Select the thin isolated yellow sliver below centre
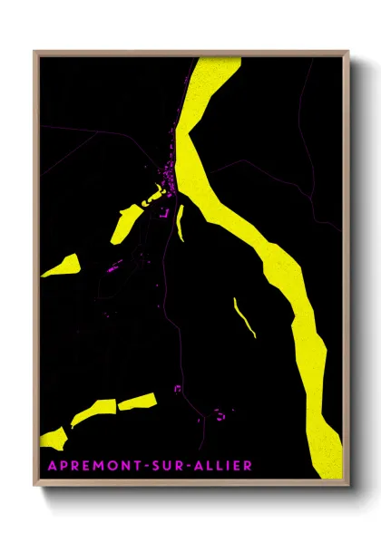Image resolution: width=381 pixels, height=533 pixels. [x=244, y=317]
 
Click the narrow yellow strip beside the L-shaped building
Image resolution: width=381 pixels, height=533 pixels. [x=181, y=222]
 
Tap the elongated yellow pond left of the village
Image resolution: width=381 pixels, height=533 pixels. [x=126, y=223]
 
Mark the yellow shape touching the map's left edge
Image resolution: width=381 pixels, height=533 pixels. [x=62, y=266]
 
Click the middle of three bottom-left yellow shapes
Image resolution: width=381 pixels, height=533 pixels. [x=93, y=412]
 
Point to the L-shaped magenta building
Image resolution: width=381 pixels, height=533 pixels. [x=163, y=216]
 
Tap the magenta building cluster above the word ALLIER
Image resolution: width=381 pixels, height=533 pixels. [x=220, y=414]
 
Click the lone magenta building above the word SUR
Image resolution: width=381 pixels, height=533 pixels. [x=178, y=389]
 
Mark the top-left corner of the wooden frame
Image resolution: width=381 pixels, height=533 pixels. [x=35, y=52]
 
